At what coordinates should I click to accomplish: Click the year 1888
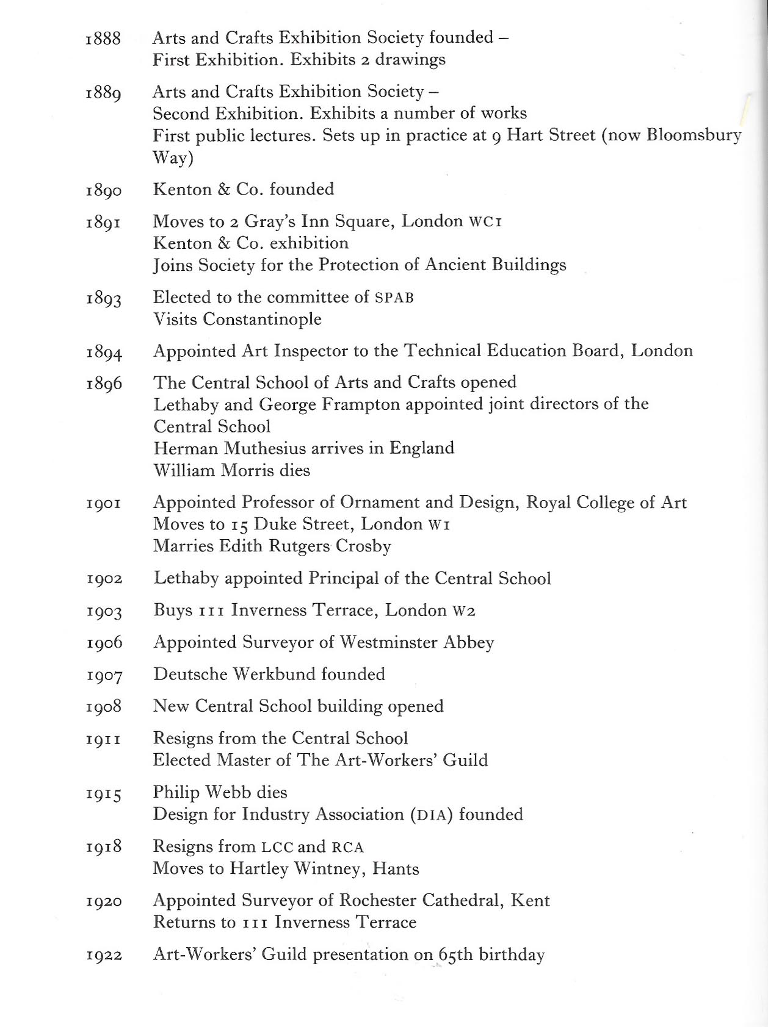coord(103,39)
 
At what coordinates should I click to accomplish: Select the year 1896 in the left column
coord(104,384)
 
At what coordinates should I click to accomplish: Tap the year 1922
coord(104,956)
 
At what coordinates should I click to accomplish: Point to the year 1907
coord(104,676)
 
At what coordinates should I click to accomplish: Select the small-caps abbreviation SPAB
coord(394,298)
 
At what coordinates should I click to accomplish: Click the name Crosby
coord(363,546)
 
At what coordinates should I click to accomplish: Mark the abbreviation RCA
coord(347,847)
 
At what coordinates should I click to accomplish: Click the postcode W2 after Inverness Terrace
coord(463,611)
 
